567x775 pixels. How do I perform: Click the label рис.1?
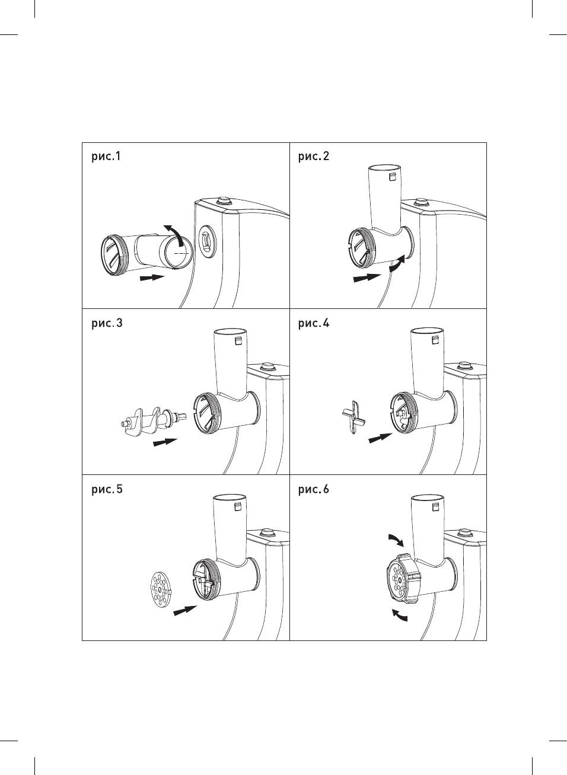pyautogui.click(x=106, y=157)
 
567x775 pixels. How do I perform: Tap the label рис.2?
pyautogui.click(x=313, y=157)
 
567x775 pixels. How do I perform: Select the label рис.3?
pyautogui.click(x=107, y=323)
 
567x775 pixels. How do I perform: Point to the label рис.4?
pyautogui.click(x=313, y=323)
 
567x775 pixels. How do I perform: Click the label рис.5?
pyautogui.click(x=107, y=489)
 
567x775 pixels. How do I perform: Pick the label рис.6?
pyautogui.click(x=313, y=489)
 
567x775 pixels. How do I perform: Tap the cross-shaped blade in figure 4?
pyautogui.click(x=353, y=417)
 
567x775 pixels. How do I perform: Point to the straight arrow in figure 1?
pyautogui.click(x=152, y=277)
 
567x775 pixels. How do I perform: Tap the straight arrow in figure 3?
pyautogui.click(x=165, y=442)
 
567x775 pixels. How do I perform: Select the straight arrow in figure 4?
pyautogui.click(x=380, y=438)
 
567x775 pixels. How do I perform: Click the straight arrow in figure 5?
pyautogui.click(x=185, y=610)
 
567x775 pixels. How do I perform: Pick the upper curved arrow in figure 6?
pyautogui.click(x=396, y=539)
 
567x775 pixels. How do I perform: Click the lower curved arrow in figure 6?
pyautogui.click(x=400, y=615)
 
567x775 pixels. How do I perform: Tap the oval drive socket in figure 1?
pyautogui.click(x=206, y=242)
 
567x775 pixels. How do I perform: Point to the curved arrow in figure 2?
pyautogui.click(x=397, y=264)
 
